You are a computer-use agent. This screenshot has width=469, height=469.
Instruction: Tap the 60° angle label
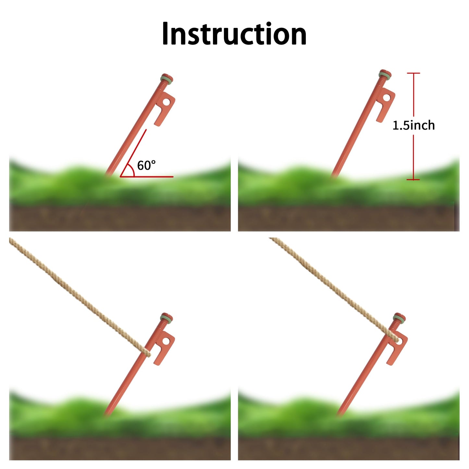(x=146, y=165)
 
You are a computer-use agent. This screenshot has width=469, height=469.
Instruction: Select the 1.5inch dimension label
(x=413, y=125)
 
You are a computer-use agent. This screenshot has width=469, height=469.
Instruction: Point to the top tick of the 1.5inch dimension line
(x=413, y=73)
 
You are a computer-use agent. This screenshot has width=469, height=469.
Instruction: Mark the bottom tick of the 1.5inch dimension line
(x=413, y=179)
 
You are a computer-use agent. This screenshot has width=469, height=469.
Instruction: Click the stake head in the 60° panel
(x=167, y=79)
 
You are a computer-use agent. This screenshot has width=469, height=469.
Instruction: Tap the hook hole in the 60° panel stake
(x=166, y=102)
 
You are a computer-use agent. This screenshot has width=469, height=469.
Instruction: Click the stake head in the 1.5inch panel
(x=385, y=74)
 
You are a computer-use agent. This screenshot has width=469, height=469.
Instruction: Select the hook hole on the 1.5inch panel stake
(x=387, y=98)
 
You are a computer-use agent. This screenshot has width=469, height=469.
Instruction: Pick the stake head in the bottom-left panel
(x=167, y=318)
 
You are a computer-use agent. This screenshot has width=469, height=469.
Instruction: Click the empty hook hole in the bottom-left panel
(x=166, y=341)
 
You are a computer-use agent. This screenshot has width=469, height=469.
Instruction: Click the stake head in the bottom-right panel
(x=400, y=318)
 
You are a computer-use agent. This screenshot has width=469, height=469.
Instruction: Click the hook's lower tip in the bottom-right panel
(x=390, y=364)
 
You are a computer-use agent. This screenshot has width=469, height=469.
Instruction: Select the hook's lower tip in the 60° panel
(x=157, y=124)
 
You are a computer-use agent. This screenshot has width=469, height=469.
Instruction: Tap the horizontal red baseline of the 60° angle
(x=146, y=177)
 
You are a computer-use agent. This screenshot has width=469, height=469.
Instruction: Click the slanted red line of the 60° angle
(x=133, y=153)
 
